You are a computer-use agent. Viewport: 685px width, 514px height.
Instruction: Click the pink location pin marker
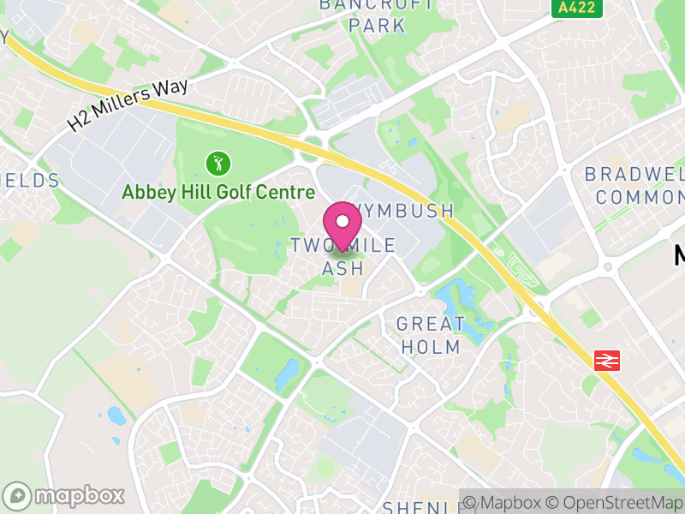tap(343, 224)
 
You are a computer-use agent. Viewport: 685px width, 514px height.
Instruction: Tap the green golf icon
tap(217, 161)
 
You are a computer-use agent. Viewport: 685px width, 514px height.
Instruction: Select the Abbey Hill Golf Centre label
tap(218, 192)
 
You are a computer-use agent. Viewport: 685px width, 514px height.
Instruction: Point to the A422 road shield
tap(577, 8)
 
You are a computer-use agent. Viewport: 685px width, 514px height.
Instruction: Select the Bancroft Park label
tap(377, 15)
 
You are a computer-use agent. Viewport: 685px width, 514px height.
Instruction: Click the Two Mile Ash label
tap(343, 256)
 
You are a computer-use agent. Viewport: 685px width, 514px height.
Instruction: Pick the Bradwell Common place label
tap(634, 185)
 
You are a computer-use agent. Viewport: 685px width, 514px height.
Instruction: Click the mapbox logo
tap(65, 495)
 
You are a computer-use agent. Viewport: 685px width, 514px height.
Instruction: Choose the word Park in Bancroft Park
tap(378, 25)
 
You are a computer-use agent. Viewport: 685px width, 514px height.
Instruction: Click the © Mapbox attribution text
tap(507, 503)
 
